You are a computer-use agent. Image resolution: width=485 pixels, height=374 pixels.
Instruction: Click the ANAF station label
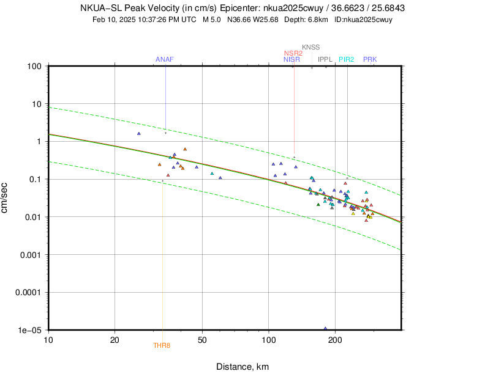[x=165, y=59]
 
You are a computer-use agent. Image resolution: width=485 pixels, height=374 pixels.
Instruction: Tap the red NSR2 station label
[x=293, y=53]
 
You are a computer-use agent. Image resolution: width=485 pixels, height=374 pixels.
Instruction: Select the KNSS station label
[x=310, y=47]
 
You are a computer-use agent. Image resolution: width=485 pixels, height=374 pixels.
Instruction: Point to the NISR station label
[x=291, y=59]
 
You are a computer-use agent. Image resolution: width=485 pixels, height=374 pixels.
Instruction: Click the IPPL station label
[x=325, y=59]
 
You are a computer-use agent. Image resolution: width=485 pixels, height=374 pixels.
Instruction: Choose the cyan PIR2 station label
[x=347, y=59]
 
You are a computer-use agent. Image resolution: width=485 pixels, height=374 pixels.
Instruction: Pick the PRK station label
[x=370, y=59]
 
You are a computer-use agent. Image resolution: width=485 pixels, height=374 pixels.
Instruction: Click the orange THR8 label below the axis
[x=162, y=346]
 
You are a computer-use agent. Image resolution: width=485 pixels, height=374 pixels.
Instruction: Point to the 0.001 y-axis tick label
[x=30, y=254]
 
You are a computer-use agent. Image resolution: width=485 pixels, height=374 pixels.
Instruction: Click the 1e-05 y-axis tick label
[x=30, y=330]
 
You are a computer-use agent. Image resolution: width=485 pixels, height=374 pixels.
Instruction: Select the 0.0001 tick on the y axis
[x=28, y=292]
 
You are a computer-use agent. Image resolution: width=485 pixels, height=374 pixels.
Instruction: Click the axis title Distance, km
[x=242, y=367]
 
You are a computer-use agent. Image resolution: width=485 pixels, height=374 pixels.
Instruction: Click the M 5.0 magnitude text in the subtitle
[x=212, y=20]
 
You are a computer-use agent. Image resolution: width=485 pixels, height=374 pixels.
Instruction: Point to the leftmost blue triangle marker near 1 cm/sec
[x=139, y=133]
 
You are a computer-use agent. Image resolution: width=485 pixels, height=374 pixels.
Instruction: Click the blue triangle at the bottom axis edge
[x=325, y=329]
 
